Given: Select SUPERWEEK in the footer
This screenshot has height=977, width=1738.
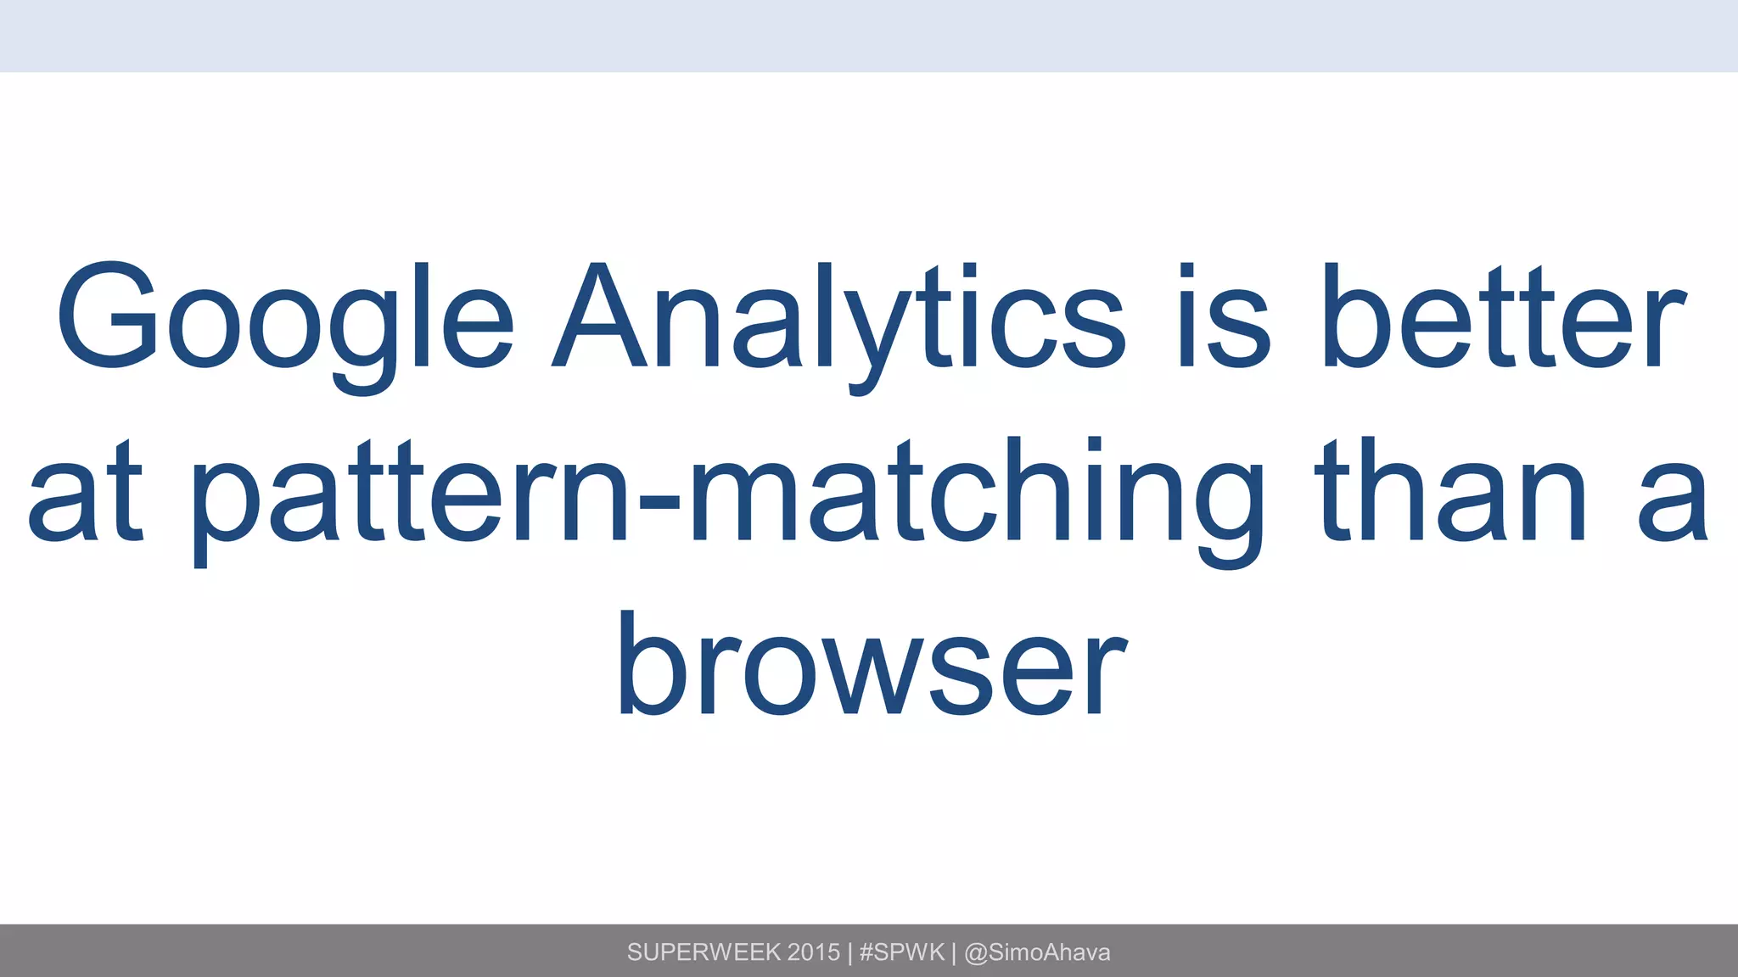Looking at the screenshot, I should pyautogui.click(x=704, y=952).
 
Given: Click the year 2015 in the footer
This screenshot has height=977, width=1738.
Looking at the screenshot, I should pyautogui.click(x=813, y=952).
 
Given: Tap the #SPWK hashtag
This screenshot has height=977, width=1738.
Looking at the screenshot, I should pyautogui.click(x=901, y=952).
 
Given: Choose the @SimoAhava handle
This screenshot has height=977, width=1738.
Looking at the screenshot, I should pyautogui.click(x=1037, y=952).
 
